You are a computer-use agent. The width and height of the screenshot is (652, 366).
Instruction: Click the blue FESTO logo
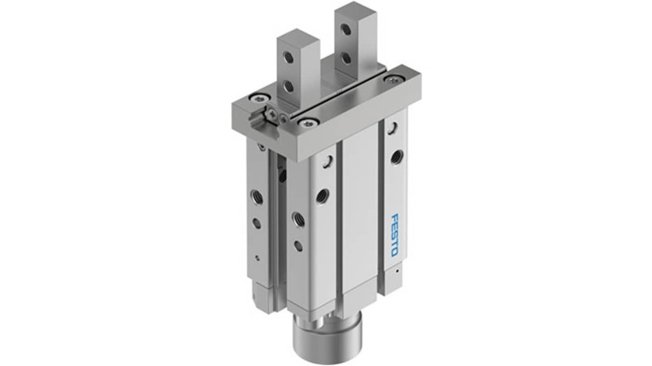(395, 236)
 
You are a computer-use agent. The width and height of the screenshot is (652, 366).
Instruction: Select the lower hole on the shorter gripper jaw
(289, 86)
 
